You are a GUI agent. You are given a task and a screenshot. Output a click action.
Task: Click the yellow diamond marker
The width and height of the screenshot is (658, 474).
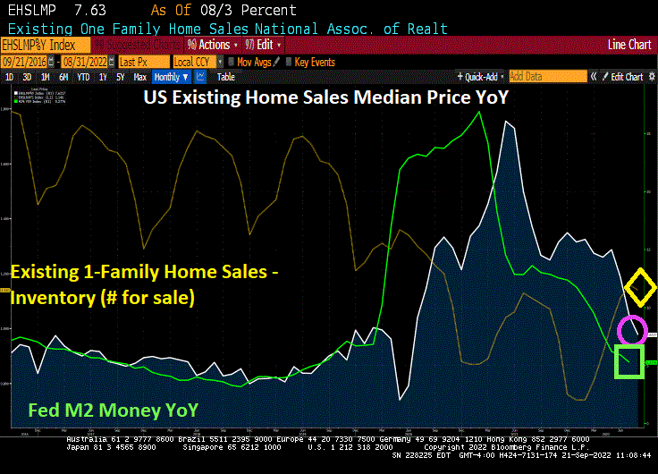click(x=639, y=287)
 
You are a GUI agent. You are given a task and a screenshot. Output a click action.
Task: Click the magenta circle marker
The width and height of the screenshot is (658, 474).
click(x=632, y=330)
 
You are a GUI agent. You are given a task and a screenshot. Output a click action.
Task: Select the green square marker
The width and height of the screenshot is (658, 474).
click(x=629, y=362)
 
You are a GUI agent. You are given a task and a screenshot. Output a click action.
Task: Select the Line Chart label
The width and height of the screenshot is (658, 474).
click(x=629, y=44)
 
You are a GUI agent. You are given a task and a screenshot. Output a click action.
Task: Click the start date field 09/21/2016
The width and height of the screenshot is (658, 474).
click(x=25, y=62)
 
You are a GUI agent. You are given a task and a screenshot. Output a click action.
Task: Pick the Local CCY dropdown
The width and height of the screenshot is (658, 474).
click(x=195, y=62)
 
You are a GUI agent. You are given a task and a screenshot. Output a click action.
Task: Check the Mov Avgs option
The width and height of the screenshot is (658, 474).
click(x=253, y=62)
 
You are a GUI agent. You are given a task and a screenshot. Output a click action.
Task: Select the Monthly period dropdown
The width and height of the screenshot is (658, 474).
click(x=172, y=77)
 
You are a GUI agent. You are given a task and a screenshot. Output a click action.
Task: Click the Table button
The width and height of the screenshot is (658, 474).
click(x=225, y=77)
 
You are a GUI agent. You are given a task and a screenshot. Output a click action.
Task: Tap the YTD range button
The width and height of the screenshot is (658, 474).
click(x=83, y=77)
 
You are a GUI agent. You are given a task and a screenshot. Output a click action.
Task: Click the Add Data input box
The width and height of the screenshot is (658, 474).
click(x=547, y=77)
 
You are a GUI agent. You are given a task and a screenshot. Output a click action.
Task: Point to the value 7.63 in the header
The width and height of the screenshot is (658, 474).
click(x=88, y=10)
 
